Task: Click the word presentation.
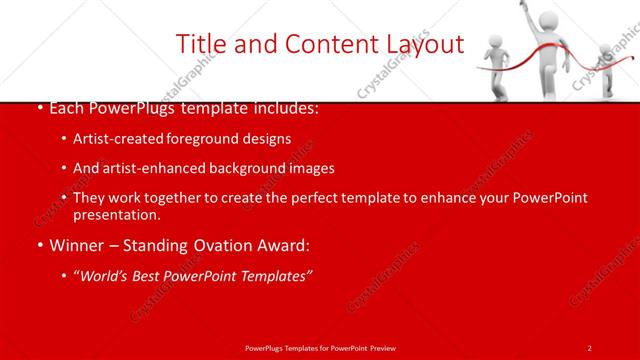(116, 215)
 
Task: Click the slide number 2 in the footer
(590, 347)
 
